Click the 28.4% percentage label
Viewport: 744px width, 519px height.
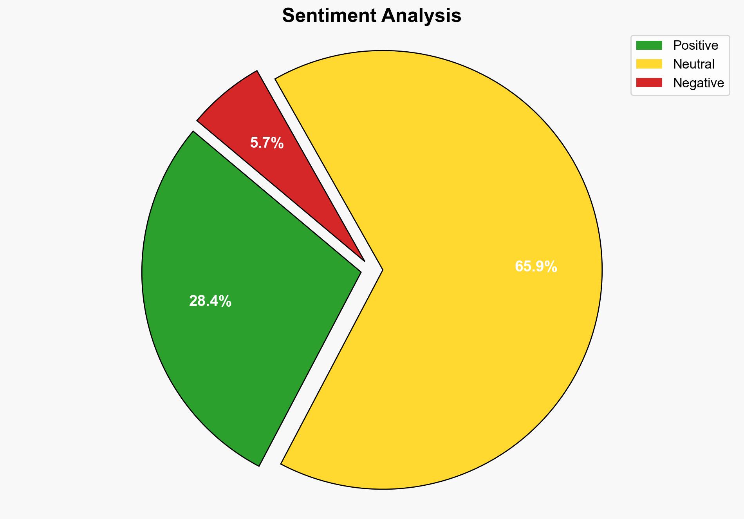click(210, 301)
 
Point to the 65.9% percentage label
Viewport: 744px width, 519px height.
click(536, 267)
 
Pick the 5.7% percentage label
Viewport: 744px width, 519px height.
click(267, 143)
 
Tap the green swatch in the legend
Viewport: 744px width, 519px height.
click(649, 45)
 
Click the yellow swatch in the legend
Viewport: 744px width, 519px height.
click(649, 64)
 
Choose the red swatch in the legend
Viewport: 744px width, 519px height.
click(649, 83)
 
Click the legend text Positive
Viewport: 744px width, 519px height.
click(695, 45)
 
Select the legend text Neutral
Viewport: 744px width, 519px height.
click(693, 64)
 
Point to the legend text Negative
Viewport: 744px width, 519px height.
click(698, 83)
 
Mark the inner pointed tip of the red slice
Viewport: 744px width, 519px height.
click(364, 260)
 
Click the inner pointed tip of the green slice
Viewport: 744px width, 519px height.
click(360, 271)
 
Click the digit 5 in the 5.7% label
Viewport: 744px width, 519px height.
click(254, 143)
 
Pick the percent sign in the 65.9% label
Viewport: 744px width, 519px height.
click(551, 267)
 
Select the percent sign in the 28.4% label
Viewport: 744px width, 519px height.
click(226, 301)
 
